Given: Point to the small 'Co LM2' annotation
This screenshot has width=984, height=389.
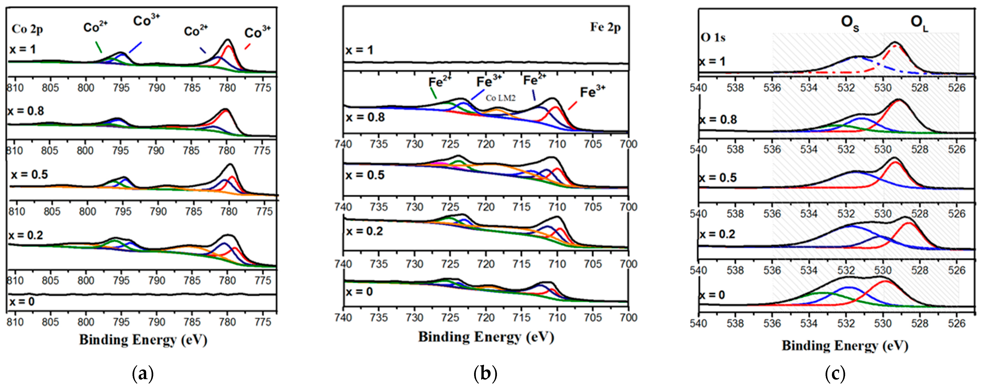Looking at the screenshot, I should tap(500, 98).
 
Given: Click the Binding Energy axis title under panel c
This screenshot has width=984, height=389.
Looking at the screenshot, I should tap(845, 345).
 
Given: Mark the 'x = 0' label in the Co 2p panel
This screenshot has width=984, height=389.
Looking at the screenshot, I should tap(22, 302).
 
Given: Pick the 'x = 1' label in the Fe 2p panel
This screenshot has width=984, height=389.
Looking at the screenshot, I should tap(359, 50).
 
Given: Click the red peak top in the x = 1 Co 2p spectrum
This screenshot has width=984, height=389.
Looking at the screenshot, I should tap(228, 46).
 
